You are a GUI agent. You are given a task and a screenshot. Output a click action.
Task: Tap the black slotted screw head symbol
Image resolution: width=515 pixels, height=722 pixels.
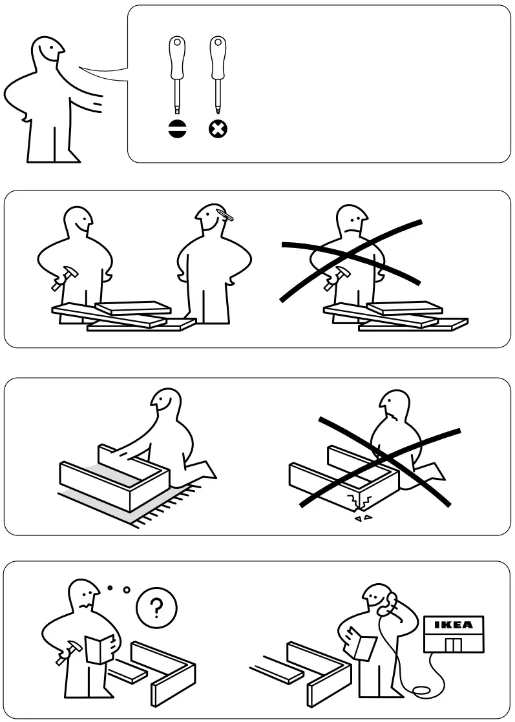coord(176,129)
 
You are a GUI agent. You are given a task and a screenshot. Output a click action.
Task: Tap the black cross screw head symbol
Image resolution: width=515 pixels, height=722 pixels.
coord(218,129)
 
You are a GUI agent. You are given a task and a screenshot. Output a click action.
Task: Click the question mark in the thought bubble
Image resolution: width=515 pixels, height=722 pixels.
coord(156,608)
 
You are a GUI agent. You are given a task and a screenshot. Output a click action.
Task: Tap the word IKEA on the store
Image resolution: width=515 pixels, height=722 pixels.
coord(452,625)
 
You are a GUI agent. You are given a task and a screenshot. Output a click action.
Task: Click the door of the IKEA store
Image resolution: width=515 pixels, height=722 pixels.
coord(452,645)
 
